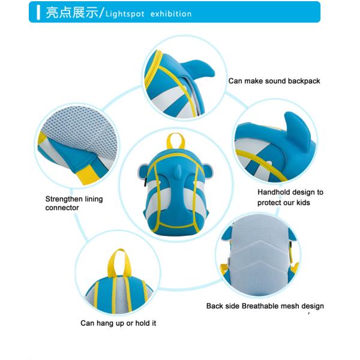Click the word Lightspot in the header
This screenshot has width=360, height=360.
point(125,14)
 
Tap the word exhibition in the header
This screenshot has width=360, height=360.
point(171,14)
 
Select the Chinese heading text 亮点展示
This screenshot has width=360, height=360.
point(72,13)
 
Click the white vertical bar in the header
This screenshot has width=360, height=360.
point(38,13)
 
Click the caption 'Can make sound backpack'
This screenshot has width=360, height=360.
point(274,81)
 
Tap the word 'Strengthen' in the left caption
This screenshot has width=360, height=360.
point(61,199)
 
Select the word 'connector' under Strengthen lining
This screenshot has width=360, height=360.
point(62,208)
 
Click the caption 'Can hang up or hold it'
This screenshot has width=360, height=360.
point(118,323)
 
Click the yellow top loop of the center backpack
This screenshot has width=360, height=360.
point(175,140)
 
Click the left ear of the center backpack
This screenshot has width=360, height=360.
point(143,173)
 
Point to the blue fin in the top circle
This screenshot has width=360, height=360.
point(197,68)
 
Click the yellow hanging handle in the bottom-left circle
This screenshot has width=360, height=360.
point(119,263)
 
